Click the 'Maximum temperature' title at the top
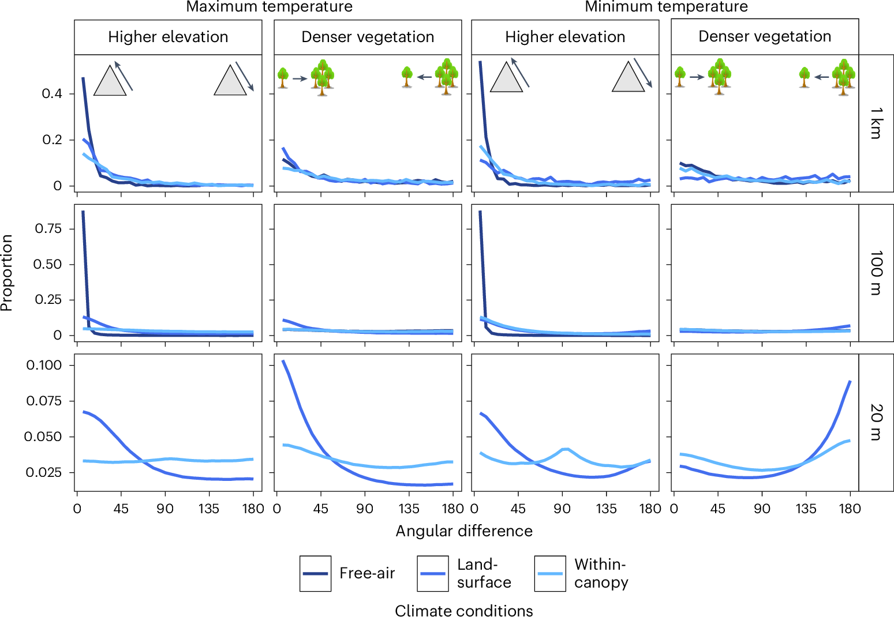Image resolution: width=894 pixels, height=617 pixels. coord(269,7)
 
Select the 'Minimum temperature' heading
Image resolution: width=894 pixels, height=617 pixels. coord(666,7)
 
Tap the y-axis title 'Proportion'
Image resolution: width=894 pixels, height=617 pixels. coord(7,273)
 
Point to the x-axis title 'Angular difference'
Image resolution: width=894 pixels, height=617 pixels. coord(464,531)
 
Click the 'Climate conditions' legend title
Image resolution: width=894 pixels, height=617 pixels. coord(464,610)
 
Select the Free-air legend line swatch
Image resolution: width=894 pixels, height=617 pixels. coord(316,574)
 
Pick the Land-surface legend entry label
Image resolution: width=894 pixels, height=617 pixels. coord(484,573)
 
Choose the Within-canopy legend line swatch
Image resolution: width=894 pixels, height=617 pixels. coord(550,574)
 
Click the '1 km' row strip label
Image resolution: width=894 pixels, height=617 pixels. coord(876,123)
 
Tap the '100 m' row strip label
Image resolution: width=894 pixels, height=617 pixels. coord(876,273)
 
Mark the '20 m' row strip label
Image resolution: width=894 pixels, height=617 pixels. coord(876,423)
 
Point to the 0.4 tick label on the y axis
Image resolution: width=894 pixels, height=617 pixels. coord(52,94)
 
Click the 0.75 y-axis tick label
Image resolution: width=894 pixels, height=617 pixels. coord(48,229)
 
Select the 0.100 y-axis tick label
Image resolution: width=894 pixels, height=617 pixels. coord(44,366)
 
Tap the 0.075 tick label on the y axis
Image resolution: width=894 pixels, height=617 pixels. coord(44,401)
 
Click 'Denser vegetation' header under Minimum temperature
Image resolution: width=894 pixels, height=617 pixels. coord(765,36)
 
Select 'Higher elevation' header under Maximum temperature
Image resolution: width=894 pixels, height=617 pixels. coord(168,37)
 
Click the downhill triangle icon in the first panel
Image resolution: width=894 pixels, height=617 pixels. coord(230,80)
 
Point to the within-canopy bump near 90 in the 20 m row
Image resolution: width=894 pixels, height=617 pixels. coord(565,449)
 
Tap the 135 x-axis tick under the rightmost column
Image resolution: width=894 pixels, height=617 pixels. coord(806,509)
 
